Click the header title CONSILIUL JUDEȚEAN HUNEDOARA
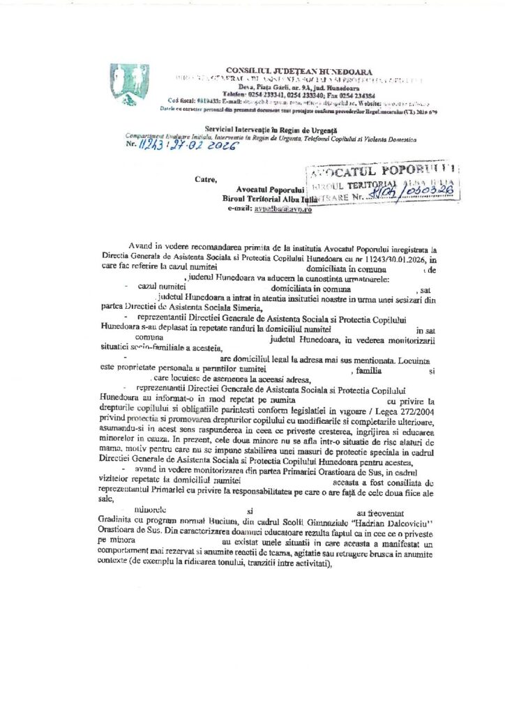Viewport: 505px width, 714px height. [299, 72]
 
